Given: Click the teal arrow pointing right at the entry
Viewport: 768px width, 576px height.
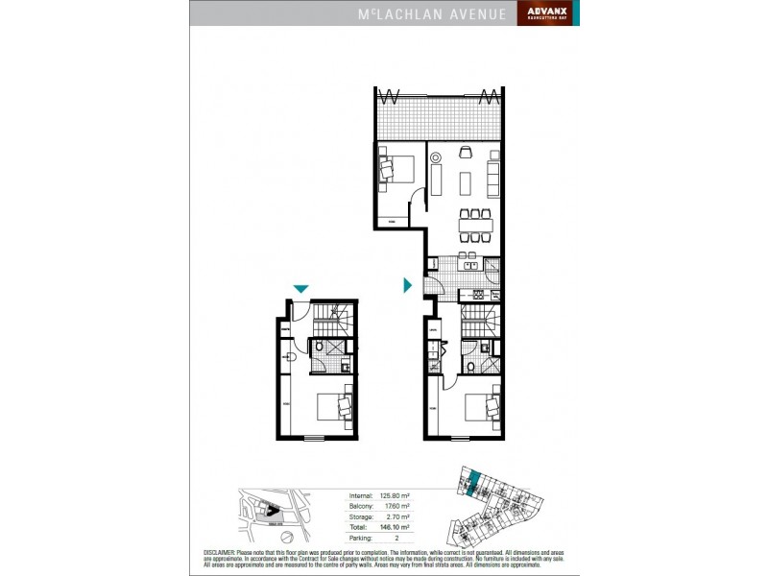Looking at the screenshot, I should click(x=408, y=285).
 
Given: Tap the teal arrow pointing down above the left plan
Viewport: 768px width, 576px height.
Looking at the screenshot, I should click(x=301, y=289).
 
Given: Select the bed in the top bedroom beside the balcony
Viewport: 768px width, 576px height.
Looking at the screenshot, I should click(x=396, y=169).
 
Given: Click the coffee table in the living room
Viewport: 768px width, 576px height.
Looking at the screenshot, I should click(x=468, y=180).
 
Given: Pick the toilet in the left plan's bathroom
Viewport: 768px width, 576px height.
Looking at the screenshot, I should click(x=321, y=349).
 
